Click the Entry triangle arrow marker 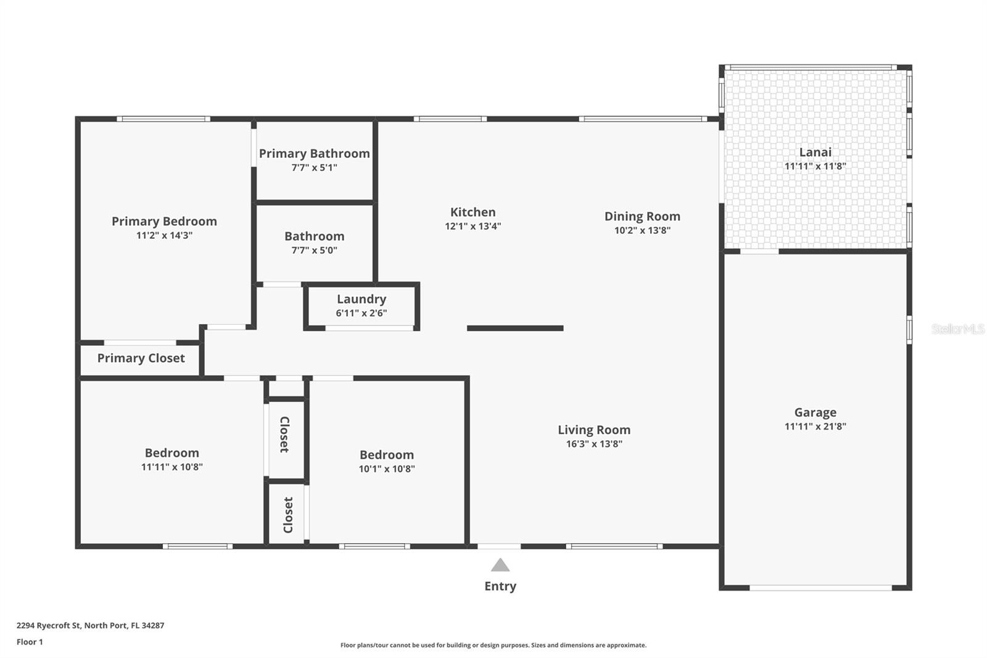click(x=500, y=565)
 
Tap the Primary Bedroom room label click(x=164, y=221)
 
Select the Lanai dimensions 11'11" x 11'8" click(x=815, y=166)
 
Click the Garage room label click(x=815, y=412)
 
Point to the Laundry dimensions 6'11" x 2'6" click(x=361, y=313)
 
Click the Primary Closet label click(x=141, y=358)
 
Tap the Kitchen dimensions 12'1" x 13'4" click(x=473, y=226)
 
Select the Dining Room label click(x=642, y=216)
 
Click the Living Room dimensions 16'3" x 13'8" click(x=594, y=444)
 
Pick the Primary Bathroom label click(x=314, y=153)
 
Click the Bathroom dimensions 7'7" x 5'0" click(x=314, y=250)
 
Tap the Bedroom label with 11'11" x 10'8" click(x=171, y=452)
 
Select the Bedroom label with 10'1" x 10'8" click(x=387, y=455)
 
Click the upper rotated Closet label click(x=284, y=435)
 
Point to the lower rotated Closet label click(x=288, y=515)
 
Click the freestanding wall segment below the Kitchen click(x=515, y=328)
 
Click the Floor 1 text click(x=30, y=642)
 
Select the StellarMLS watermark click(x=957, y=329)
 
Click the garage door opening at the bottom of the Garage click(x=820, y=588)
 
